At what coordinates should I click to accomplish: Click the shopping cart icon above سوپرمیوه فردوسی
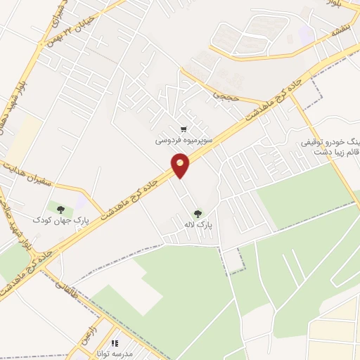pos(184,129)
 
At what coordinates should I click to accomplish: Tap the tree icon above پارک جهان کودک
pos(61,209)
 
